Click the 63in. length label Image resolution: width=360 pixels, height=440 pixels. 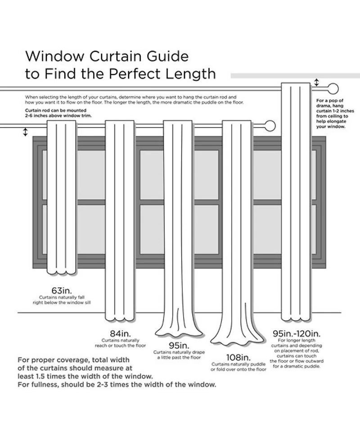(x=62, y=290)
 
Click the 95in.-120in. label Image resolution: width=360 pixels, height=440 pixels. (x=296, y=334)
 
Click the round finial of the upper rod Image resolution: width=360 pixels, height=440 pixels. (x=333, y=88)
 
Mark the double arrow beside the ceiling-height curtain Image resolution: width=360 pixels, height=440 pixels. (x=316, y=83)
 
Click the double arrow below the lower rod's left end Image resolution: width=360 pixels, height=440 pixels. (x=25, y=132)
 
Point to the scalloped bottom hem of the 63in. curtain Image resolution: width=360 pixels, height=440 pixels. (x=62, y=272)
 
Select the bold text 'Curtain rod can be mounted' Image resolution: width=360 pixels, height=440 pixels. (x=55, y=110)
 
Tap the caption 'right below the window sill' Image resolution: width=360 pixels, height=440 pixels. (x=62, y=304)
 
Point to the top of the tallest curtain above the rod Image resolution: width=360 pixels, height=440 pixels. (x=296, y=84)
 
